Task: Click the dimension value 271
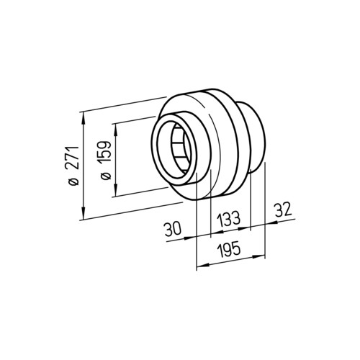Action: point(73,158)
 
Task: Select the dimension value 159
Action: point(105,153)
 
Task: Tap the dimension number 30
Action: point(173,229)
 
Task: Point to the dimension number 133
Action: point(228,219)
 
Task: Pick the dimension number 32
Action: point(283,210)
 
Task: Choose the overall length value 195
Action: point(228,250)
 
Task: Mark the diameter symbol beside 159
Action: point(106,176)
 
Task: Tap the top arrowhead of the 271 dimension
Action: point(83,118)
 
